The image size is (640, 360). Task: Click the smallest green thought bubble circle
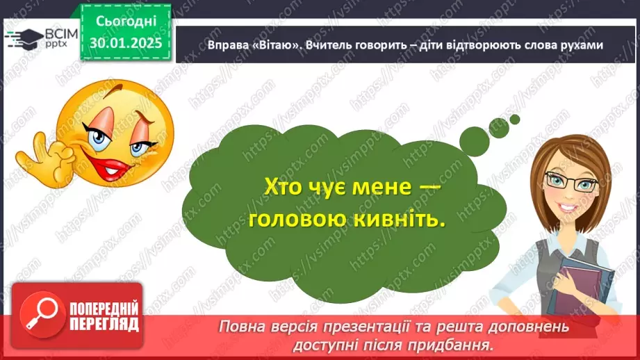point(515,119)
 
